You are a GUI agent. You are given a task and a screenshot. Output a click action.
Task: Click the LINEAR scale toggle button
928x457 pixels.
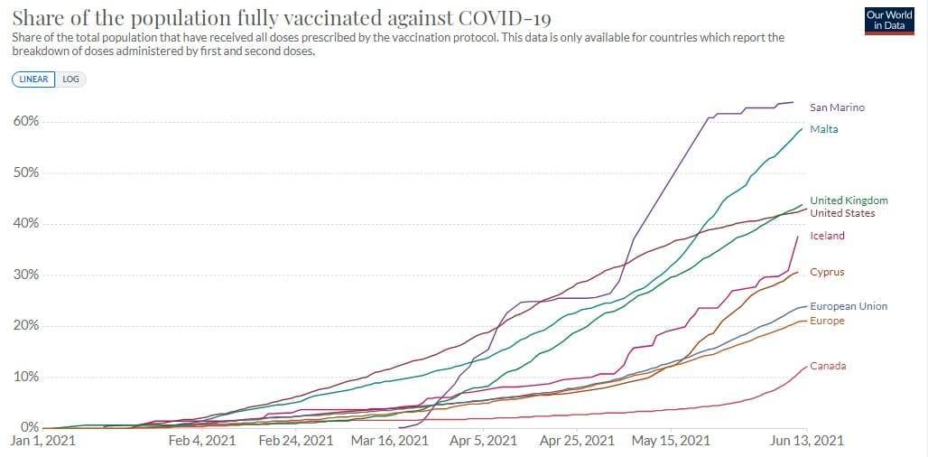pos(33,79)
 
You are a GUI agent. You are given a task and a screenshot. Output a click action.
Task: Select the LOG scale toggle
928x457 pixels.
pos(70,79)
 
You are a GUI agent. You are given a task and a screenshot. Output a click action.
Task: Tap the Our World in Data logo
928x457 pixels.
pos(889,20)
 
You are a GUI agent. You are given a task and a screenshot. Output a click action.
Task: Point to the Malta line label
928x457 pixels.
pos(823,129)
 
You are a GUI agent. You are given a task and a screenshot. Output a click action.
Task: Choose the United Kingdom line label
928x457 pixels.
pos(849,201)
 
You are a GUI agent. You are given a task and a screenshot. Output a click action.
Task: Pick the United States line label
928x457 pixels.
pos(842,213)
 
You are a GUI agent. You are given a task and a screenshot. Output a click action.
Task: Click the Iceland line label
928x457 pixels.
pos(827,236)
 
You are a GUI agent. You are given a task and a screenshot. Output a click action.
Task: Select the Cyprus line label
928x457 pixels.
pos(827,272)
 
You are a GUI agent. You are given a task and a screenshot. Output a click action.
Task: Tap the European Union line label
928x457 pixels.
pos(848,306)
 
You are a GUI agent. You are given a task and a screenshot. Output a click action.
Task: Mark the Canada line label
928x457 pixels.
pos(828,366)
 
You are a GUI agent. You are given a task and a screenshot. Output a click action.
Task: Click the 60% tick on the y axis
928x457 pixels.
pos(26,122)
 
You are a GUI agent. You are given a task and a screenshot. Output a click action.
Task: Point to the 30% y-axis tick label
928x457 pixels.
pos(26,275)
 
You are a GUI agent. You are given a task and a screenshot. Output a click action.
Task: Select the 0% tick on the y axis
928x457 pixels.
pos(30,427)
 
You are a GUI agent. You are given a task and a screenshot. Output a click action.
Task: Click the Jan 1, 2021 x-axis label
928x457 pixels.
pos(42,441)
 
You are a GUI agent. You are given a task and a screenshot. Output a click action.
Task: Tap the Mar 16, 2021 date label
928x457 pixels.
pos(389,441)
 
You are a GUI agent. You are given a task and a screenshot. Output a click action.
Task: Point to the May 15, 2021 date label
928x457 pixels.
pos(671,441)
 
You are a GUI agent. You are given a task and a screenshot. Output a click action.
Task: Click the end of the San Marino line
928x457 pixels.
pos(793,102)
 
